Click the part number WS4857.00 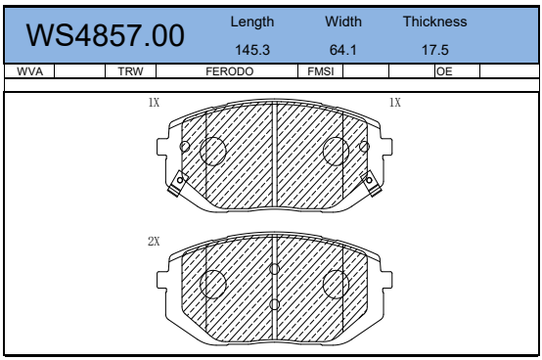[x=105, y=35]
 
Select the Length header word [x=252, y=22]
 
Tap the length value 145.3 [x=252, y=50]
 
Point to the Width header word [x=343, y=22]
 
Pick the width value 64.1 [x=342, y=50]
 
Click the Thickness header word [x=434, y=22]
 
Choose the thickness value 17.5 [x=434, y=50]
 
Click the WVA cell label [x=29, y=71]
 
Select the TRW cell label [x=130, y=71]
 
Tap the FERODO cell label [x=230, y=71]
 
